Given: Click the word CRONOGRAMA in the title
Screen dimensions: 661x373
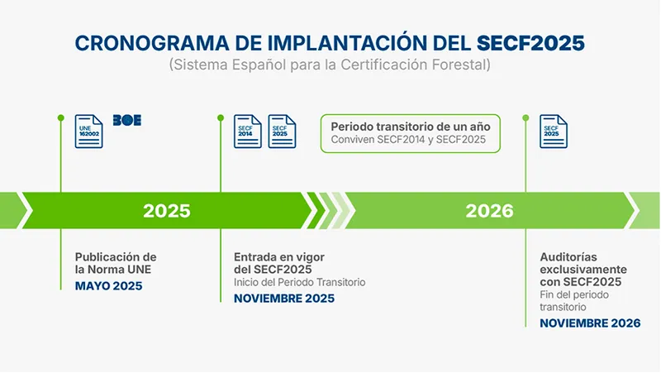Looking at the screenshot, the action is point(152,43).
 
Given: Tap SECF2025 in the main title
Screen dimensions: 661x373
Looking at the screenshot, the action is point(530,43).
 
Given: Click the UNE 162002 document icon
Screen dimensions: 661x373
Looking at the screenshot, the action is point(89,132).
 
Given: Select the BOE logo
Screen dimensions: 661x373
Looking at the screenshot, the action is point(127,120).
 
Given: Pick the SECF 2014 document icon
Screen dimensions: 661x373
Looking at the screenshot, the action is point(248,132).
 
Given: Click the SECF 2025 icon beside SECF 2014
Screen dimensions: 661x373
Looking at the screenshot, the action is point(282,132).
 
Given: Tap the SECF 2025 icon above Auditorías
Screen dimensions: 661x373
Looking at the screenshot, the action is point(554,132).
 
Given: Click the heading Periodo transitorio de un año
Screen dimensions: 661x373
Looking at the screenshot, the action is point(411,127).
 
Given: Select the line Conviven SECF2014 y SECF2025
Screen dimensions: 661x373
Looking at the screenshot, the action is point(408,140).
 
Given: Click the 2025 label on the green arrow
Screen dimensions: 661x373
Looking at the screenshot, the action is point(167,211).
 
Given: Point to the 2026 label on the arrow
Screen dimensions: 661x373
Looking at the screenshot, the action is point(489,211).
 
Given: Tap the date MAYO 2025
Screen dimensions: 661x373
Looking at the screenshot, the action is point(109,286).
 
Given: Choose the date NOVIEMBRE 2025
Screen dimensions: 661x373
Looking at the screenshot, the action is point(284,299).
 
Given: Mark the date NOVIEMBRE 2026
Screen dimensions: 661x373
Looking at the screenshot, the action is point(590,323).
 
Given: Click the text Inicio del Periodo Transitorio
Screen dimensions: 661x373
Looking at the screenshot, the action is point(300,282).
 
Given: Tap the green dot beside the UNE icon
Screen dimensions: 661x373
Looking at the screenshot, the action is point(60,117).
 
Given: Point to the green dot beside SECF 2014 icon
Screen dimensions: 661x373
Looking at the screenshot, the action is point(221,117).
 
